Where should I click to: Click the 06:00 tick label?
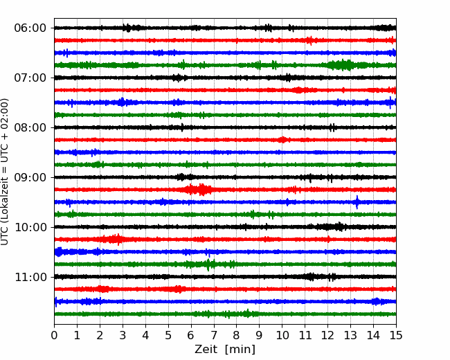click(x=30, y=28)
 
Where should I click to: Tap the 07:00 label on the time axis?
click(x=30, y=78)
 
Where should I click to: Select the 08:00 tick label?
click(x=30, y=127)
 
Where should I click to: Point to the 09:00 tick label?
click(x=30, y=177)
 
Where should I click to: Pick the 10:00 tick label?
click(x=30, y=227)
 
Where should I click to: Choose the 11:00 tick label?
click(x=30, y=277)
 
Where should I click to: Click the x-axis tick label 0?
click(x=54, y=335)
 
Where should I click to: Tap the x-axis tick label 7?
click(x=214, y=335)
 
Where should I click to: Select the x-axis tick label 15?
click(x=396, y=335)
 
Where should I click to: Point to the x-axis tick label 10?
click(x=282, y=335)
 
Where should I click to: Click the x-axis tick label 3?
click(x=123, y=335)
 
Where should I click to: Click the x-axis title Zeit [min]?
click(x=225, y=350)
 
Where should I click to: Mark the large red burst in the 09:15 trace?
click(x=198, y=190)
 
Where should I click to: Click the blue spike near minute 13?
click(x=357, y=202)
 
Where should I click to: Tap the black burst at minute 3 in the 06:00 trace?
click(x=132, y=28)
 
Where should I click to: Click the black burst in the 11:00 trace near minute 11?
click(x=310, y=277)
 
